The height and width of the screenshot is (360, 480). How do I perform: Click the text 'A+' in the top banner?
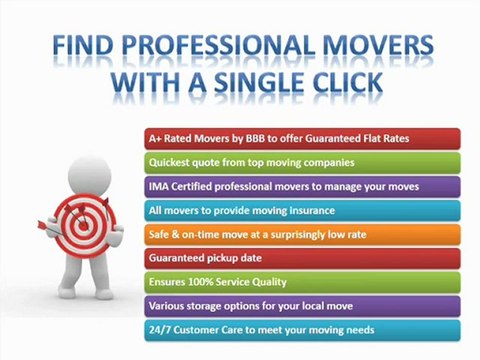(154, 137)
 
